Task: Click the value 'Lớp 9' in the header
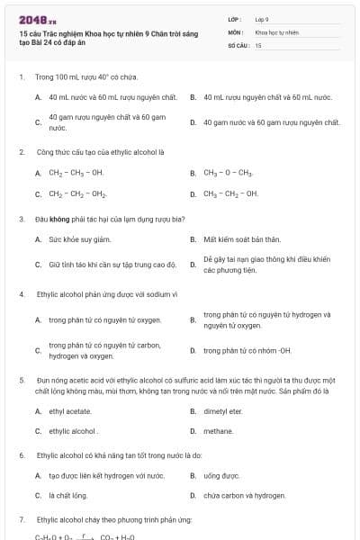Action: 262,19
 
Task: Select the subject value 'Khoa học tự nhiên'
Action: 275,31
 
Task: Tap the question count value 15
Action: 258,44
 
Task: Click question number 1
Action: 21,76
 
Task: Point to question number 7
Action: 21,520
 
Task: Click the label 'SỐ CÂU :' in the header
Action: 238,44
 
